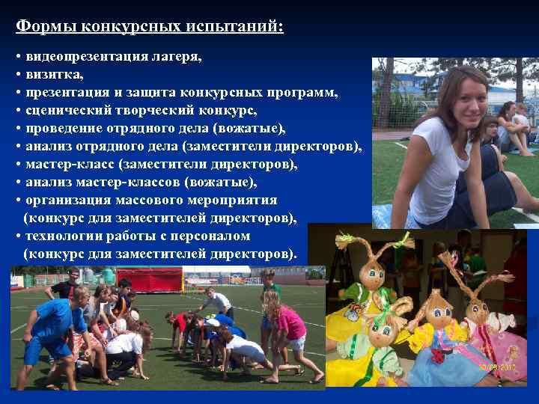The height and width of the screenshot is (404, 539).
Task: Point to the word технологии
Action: pyautogui.click(x=63, y=236)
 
